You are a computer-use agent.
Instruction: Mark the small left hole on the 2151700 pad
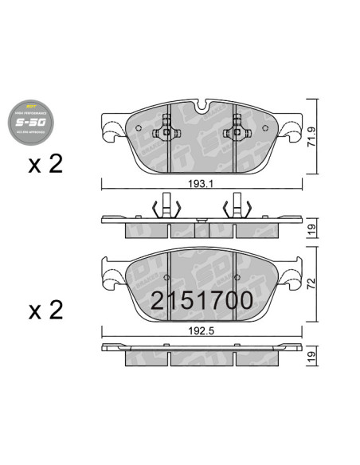[166, 278]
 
